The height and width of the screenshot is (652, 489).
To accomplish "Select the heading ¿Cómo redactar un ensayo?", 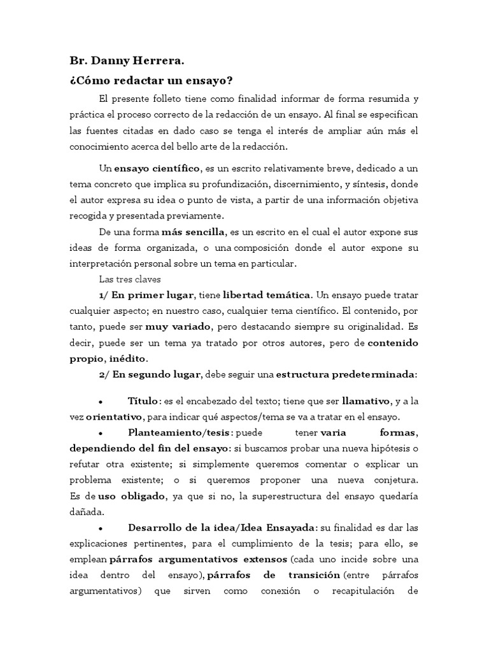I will tap(152, 82).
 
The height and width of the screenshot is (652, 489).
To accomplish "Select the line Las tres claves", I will tap(129, 279).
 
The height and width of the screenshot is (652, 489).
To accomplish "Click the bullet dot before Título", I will tap(101, 402).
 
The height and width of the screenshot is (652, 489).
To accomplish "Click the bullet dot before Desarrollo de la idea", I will tap(101, 529).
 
